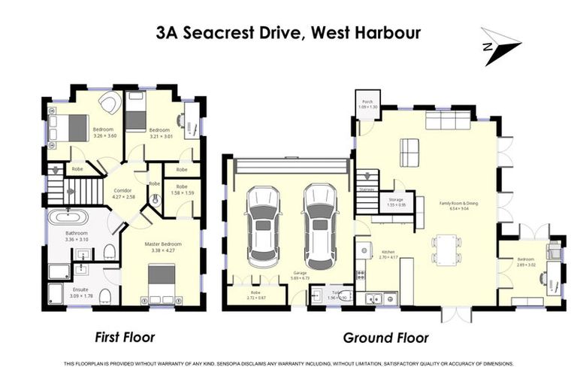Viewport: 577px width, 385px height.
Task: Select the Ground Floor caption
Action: [x=385, y=338]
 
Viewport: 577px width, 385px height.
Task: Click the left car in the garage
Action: [x=262, y=226]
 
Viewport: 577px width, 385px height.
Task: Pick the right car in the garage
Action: [x=320, y=226]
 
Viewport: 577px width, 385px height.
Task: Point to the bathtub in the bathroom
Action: [x=68, y=218]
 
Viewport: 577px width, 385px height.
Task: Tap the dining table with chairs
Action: [x=446, y=249]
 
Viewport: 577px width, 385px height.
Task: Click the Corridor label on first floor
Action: [x=123, y=191]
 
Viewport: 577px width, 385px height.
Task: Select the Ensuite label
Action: [x=80, y=289]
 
